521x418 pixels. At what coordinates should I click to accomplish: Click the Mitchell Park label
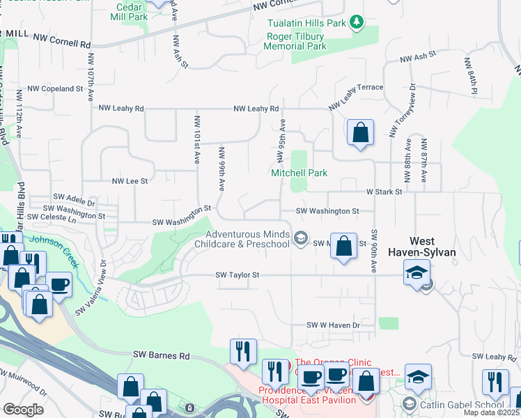pyautogui.click(x=299, y=173)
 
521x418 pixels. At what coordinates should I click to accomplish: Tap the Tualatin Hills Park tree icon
pyautogui.click(x=357, y=23)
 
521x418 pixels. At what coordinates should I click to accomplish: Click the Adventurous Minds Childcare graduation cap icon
pyautogui.click(x=300, y=239)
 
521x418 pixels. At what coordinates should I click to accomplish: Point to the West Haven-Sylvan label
pyautogui.click(x=427, y=246)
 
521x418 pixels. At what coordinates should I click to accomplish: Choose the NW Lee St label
pyautogui.click(x=130, y=181)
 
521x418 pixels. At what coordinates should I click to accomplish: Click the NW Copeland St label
pyautogui.click(x=55, y=89)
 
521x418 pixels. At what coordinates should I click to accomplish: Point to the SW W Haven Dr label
pyautogui.click(x=334, y=325)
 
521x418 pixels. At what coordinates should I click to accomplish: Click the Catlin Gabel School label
pyautogui.click(x=462, y=404)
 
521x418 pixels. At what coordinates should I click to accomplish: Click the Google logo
pyautogui.click(x=23, y=410)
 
